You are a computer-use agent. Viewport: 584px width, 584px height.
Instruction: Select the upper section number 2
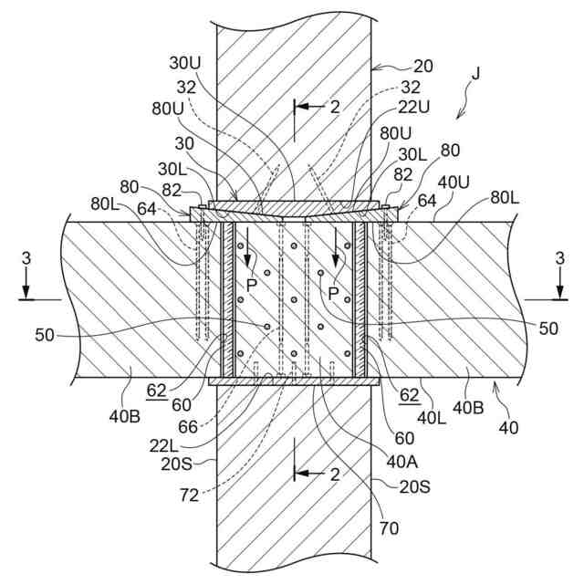coord(335,107)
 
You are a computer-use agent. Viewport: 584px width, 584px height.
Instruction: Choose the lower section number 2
coord(335,474)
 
